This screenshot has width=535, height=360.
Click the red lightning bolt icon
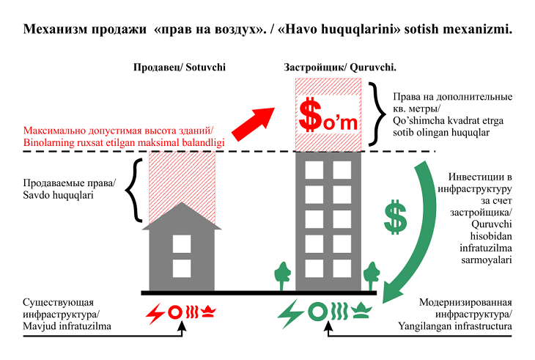click(155, 313)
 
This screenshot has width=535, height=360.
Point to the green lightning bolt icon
click(289, 313)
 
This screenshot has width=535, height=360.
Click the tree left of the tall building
click(281, 275)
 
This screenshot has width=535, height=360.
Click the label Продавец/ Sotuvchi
click(179, 67)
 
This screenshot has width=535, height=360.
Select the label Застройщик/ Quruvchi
click(340, 67)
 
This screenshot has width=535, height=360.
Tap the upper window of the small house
click(180, 243)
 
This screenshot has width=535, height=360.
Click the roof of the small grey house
click(180, 216)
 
